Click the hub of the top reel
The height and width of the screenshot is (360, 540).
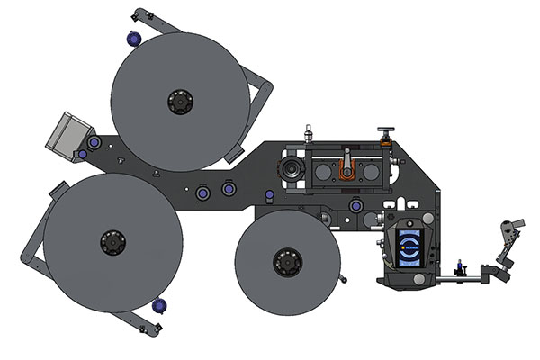[x=181, y=102]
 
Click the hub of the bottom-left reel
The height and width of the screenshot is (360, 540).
[x=113, y=242]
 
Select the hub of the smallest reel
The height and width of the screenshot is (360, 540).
[x=287, y=262]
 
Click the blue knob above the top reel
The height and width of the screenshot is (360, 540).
[x=134, y=39]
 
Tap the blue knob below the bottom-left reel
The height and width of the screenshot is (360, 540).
[x=159, y=306]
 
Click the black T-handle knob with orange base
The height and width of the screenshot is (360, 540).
[x=386, y=134]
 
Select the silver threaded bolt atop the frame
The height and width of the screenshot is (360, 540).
[x=308, y=133]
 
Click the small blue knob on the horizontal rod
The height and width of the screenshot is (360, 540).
[x=461, y=267]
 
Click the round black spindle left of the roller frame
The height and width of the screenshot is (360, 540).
[x=291, y=169]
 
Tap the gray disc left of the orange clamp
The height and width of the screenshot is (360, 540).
[x=322, y=171]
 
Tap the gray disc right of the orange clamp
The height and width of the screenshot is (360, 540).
[x=370, y=171]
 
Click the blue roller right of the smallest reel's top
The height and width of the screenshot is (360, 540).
[x=356, y=206]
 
